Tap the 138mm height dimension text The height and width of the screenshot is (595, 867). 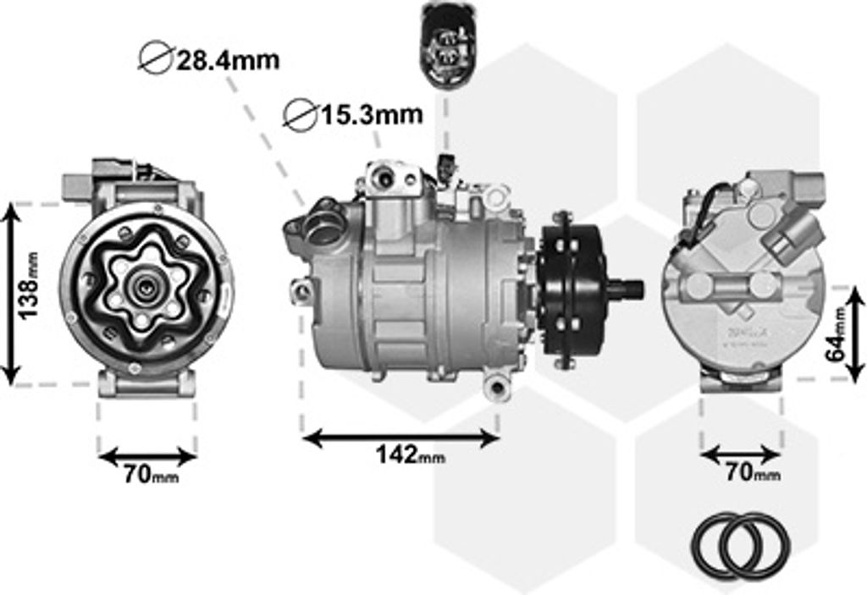click(29, 284)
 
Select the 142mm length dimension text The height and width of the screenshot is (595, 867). click(410, 455)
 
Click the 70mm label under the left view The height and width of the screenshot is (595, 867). click(151, 474)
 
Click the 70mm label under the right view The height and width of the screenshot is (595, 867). click(753, 473)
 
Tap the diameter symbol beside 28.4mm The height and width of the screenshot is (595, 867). click(156, 57)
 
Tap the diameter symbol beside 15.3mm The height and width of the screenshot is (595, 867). click(301, 115)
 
